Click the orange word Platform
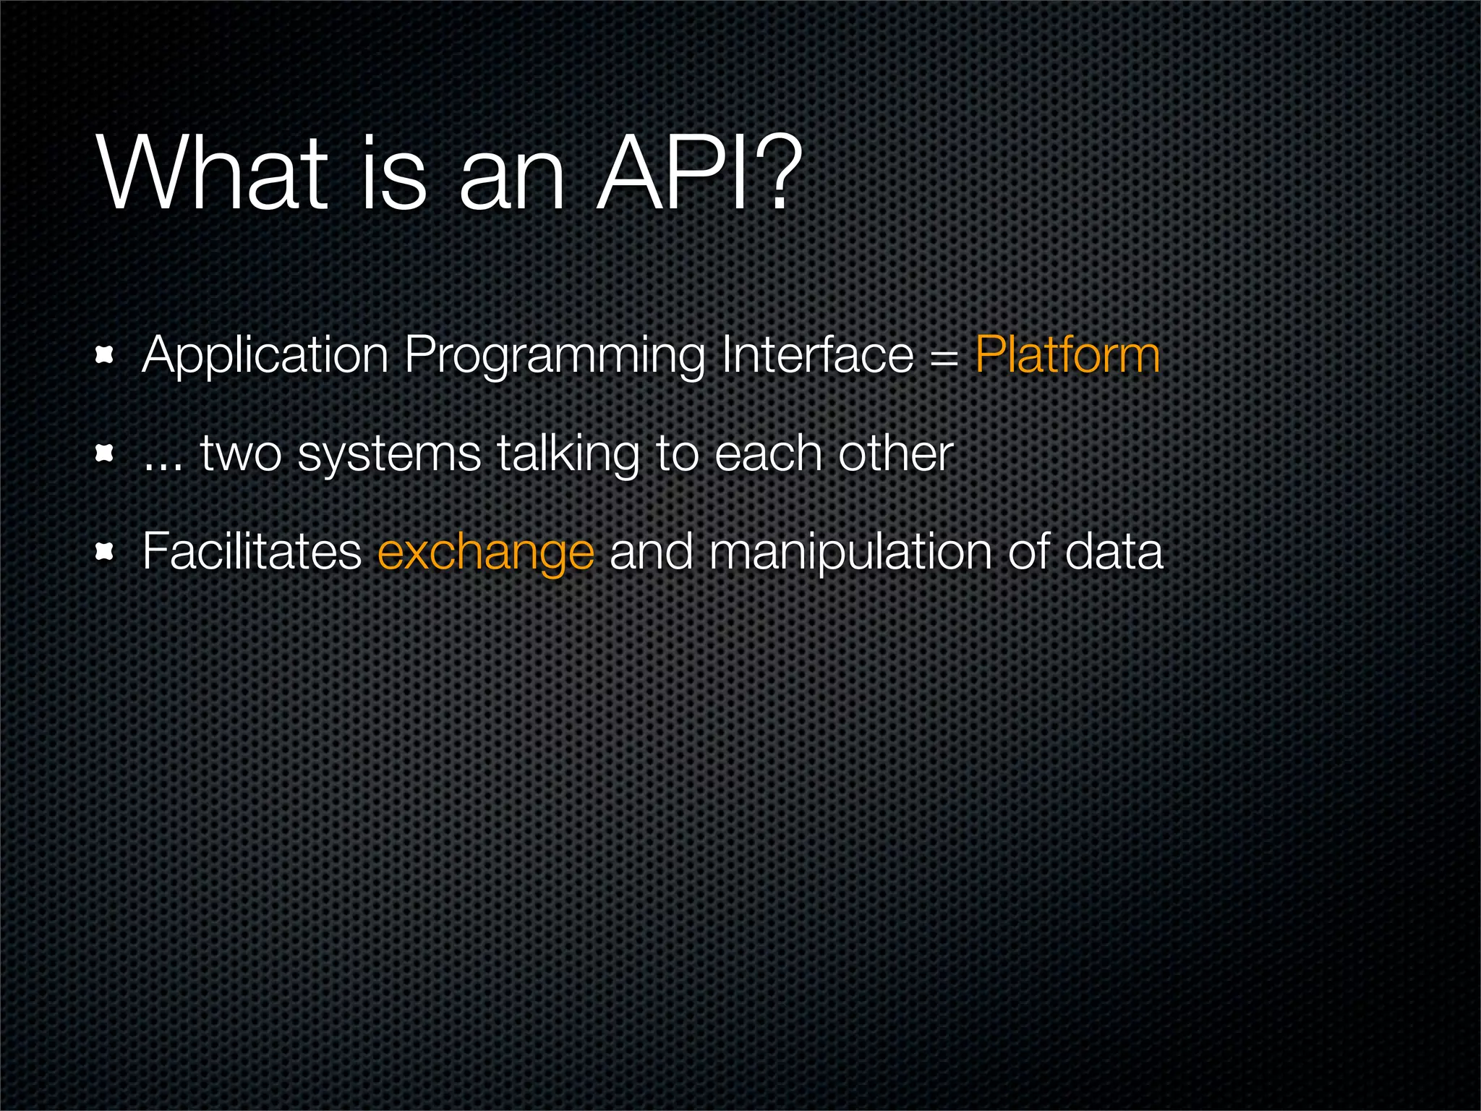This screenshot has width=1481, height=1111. click(1067, 356)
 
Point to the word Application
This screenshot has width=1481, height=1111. click(265, 356)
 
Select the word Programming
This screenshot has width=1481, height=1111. click(554, 356)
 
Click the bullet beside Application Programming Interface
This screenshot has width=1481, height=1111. click(106, 355)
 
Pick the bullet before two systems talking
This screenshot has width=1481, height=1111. click(106, 454)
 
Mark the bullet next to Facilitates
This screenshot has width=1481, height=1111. click(106, 553)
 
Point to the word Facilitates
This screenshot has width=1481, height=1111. click(252, 551)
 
